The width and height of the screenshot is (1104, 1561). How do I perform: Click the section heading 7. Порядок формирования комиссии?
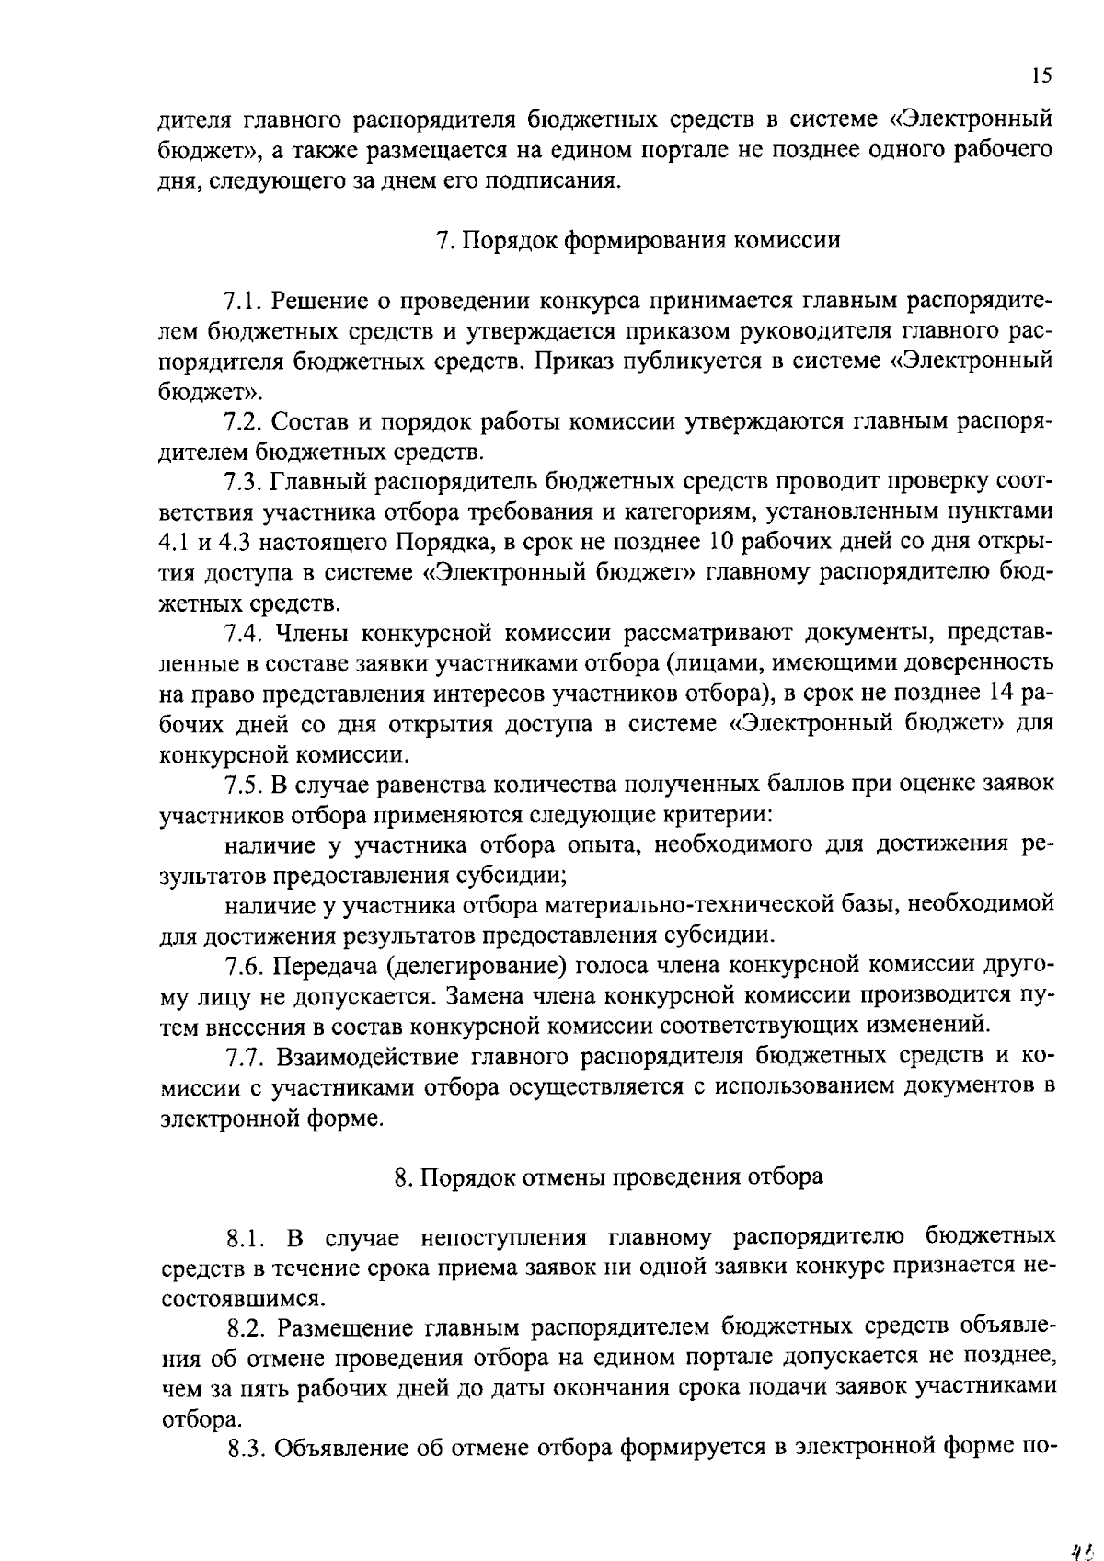pyautogui.click(x=638, y=240)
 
